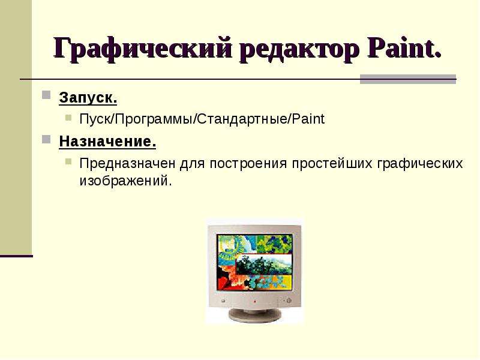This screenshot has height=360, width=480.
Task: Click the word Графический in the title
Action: coord(143,49)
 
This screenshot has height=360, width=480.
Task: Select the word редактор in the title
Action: coord(299,49)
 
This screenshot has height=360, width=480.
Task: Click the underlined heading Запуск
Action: coord(88,98)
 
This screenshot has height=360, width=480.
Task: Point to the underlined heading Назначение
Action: coord(107,142)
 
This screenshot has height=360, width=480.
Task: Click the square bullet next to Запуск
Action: coord(46,95)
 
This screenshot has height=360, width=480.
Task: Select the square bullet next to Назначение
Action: coord(46,140)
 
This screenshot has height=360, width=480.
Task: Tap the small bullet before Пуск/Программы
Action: coord(68,117)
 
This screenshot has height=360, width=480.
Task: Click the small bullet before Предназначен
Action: coord(68,161)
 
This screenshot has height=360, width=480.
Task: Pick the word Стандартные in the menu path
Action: coord(242,119)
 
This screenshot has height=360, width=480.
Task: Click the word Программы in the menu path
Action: coord(154,119)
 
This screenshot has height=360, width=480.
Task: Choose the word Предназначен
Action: coord(127,163)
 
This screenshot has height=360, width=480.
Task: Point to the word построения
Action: coord(248,164)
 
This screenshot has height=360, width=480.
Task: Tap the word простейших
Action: coord(332,164)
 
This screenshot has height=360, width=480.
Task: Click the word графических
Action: coord(419,164)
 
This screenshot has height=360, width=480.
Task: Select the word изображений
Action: coord(124,181)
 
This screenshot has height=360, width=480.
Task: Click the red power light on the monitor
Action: coord(254,302)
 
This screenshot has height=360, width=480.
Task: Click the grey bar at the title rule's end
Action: coord(408,79)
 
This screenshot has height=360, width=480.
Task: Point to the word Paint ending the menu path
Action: coord(308,119)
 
